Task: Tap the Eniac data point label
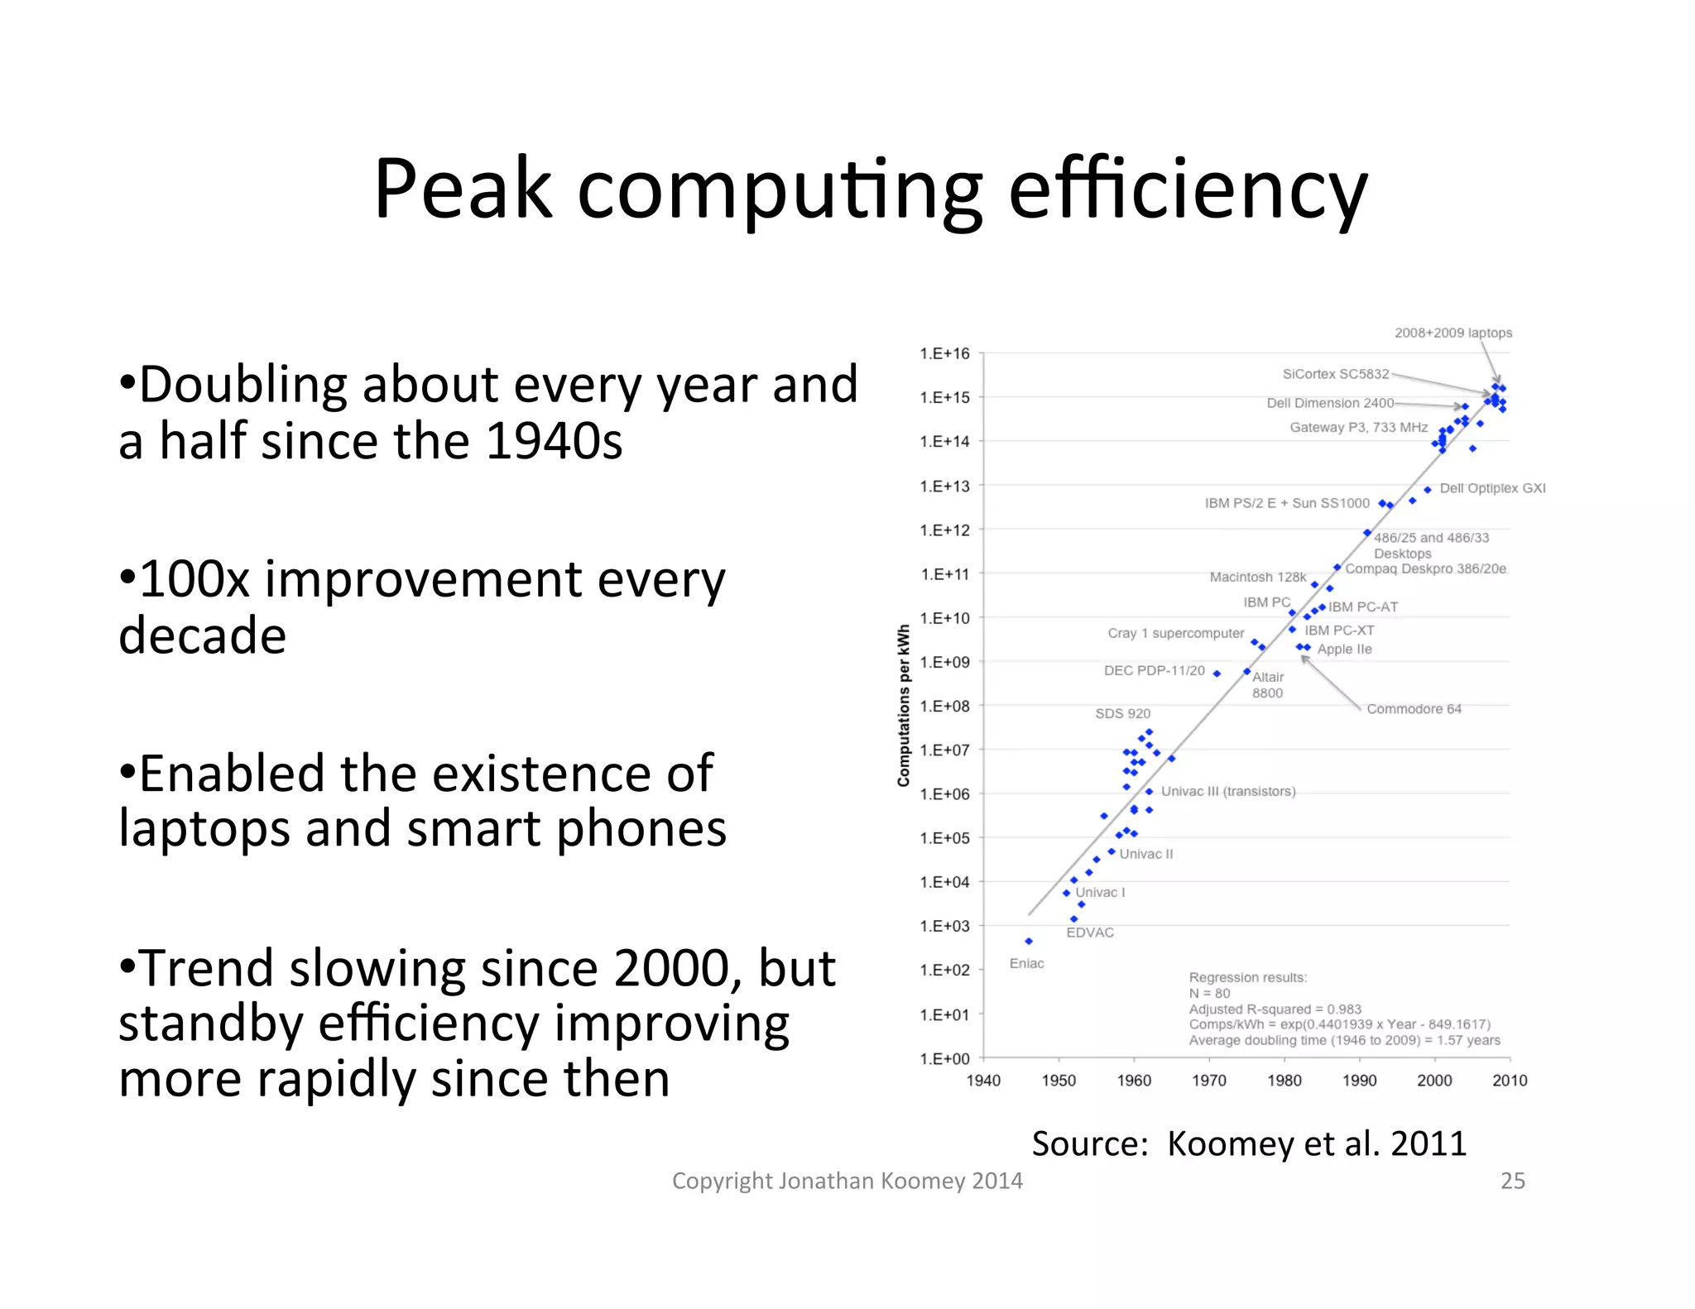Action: point(1026,963)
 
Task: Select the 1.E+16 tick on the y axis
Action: point(944,353)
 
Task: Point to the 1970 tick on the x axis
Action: point(1208,1080)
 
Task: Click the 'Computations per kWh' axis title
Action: point(904,705)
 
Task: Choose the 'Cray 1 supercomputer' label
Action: point(1175,633)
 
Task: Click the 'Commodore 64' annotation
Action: point(1414,709)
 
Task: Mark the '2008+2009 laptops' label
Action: point(1453,333)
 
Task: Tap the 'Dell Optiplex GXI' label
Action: point(1492,488)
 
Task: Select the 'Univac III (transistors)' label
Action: point(1228,791)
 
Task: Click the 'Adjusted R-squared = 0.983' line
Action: point(1275,1009)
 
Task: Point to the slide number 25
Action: point(1512,1181)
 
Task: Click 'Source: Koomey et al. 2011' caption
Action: point(1248,1144)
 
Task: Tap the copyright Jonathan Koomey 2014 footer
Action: point(847,1181)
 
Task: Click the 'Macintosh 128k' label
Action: point(1257,577)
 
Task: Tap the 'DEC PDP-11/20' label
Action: point(1154,670)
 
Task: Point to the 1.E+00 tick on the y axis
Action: point(944,1058)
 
